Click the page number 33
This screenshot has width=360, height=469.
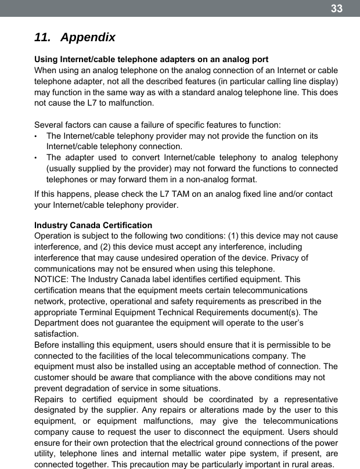pos(337,9)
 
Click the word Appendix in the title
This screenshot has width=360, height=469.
pos(88,38)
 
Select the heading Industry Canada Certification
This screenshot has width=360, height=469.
pos(93,225)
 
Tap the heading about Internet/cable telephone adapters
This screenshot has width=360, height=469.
pos(152,60)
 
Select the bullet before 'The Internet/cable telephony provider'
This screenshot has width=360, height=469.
pos(37,136)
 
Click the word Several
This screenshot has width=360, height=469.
pos(50,125)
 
